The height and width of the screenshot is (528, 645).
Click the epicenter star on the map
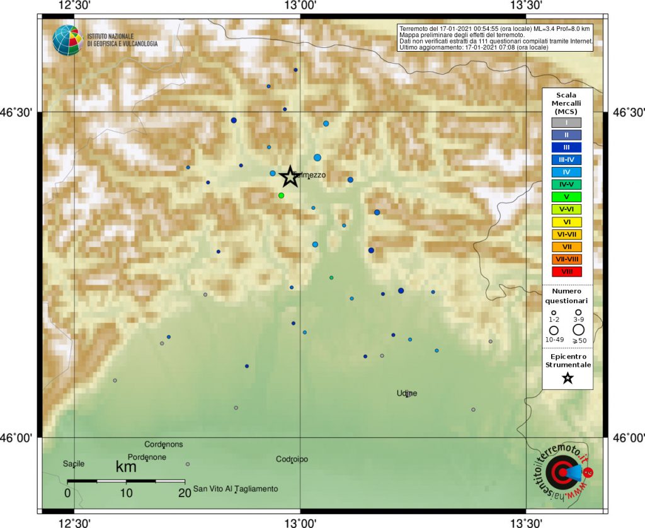289,177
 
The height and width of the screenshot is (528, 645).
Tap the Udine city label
406,394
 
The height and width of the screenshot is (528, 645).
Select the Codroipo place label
292,459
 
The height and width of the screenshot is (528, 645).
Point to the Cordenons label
164,444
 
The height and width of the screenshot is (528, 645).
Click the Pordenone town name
147,457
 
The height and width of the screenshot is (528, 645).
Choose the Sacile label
73,464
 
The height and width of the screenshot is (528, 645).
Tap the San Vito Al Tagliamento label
236,489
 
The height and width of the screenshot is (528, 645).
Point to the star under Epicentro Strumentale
568,378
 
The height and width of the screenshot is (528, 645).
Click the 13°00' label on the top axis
300,6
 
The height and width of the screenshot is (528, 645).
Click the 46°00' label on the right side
627,437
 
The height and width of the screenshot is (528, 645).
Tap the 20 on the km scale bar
185,493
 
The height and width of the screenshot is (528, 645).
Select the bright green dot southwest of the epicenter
281,195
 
